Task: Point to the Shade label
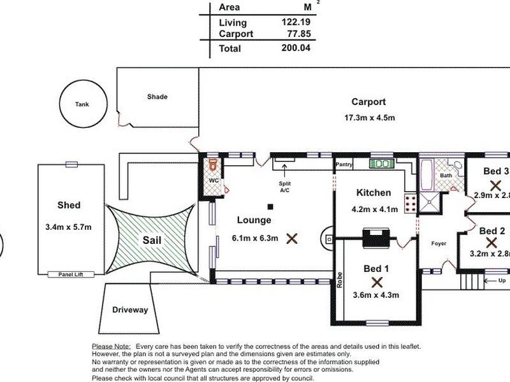(157, 97)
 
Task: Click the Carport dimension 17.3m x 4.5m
(369, 118)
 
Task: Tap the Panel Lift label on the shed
(71, 274)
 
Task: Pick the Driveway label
(130, 310)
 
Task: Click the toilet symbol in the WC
(214, 165)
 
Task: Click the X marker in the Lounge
(292, 239)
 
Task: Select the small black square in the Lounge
(270, 206)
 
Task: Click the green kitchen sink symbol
(382, 164)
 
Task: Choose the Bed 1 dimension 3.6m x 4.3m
(375, 295)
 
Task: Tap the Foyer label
(439, 243)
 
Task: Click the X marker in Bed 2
(491, 243)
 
